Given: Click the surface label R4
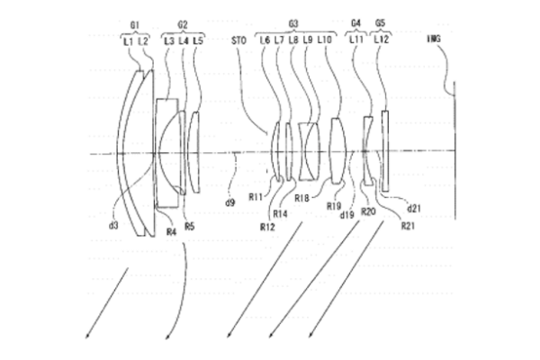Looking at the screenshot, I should pos(171,232).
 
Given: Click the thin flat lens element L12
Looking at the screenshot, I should pos(385,149).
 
